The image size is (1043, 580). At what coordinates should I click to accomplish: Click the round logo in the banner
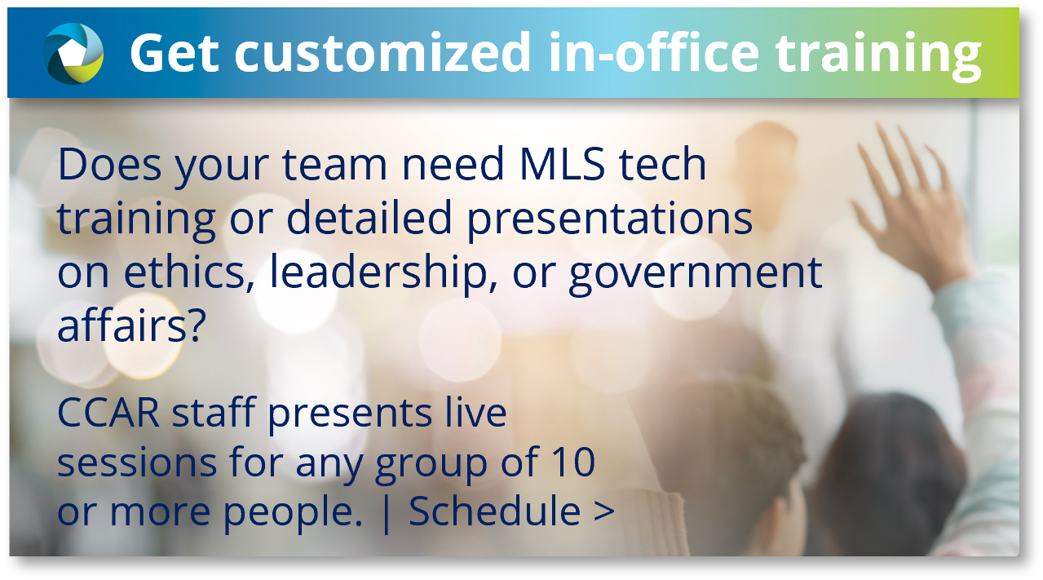pyautogui.click(x=73, y=53)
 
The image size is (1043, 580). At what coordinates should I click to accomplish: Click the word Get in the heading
pyautogui.click(x=175, y=52)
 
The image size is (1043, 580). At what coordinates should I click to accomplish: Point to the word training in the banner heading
pyautogui.click(x=878, y=56)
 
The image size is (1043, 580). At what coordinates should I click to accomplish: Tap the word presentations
pyautogui.click(x=609, y=219)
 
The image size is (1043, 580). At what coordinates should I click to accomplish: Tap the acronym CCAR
pyautogui.click(x=108, y=412)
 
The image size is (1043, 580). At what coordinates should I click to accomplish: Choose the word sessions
pyautogui.click(x=137, y=463)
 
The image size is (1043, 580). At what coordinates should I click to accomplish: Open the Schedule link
pyautogui.click(x=494, y=511)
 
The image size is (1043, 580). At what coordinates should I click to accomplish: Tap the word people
pyautogui.click(x=293, y=514)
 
